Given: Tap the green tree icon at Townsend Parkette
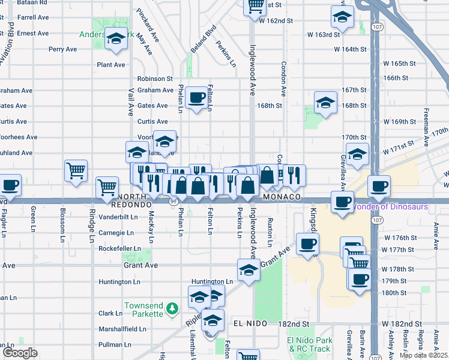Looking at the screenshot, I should [x=172, y=308].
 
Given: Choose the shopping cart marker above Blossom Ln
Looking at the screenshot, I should [x=76, y=170].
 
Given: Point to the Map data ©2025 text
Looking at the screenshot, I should [x=424, y=355].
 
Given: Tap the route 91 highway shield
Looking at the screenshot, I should [x=172, y=202].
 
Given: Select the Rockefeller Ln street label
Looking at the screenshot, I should [x=121, y=248].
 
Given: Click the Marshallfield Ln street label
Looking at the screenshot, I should [x=122, y=329].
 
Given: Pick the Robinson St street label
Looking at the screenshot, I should [x=155, y=79].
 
